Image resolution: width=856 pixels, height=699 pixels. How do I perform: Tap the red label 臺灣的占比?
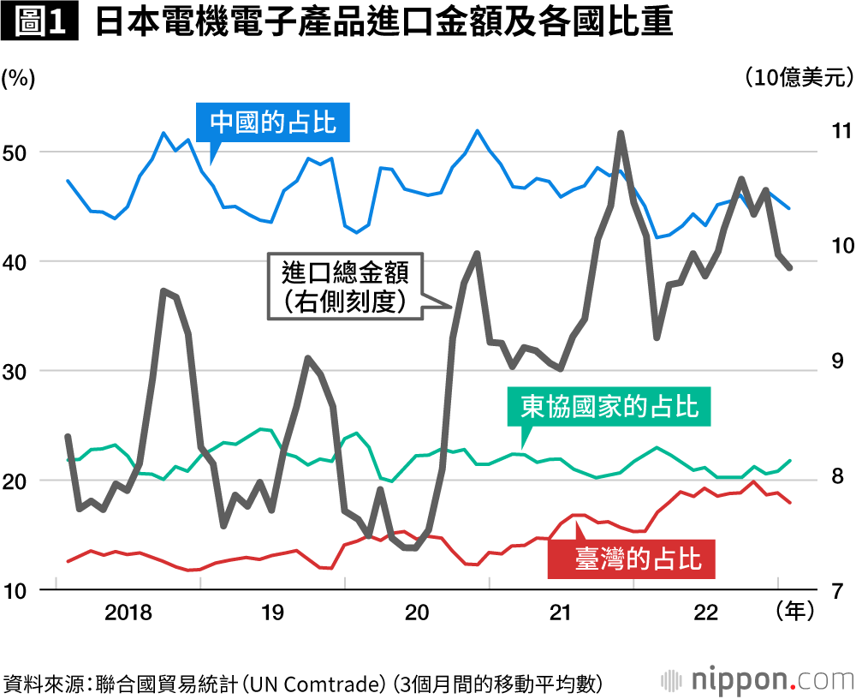pyautogui.click(x=638, y=559)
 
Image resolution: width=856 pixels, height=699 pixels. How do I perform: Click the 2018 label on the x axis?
pyautogui.click(x=128, y=613)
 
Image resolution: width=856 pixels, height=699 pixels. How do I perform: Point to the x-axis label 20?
pyautogui.click(x=417, y=613)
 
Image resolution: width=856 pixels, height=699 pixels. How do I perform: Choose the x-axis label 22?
pyautogui.click(x=705, y=613)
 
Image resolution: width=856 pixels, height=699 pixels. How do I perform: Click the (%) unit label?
pyautogui.click(x=18, y=78)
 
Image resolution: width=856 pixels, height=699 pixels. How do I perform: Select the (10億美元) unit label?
pyautogui.click(x=798, y=78)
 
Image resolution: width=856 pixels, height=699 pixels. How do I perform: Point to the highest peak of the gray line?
pyautogui.click(x=621, y=134)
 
